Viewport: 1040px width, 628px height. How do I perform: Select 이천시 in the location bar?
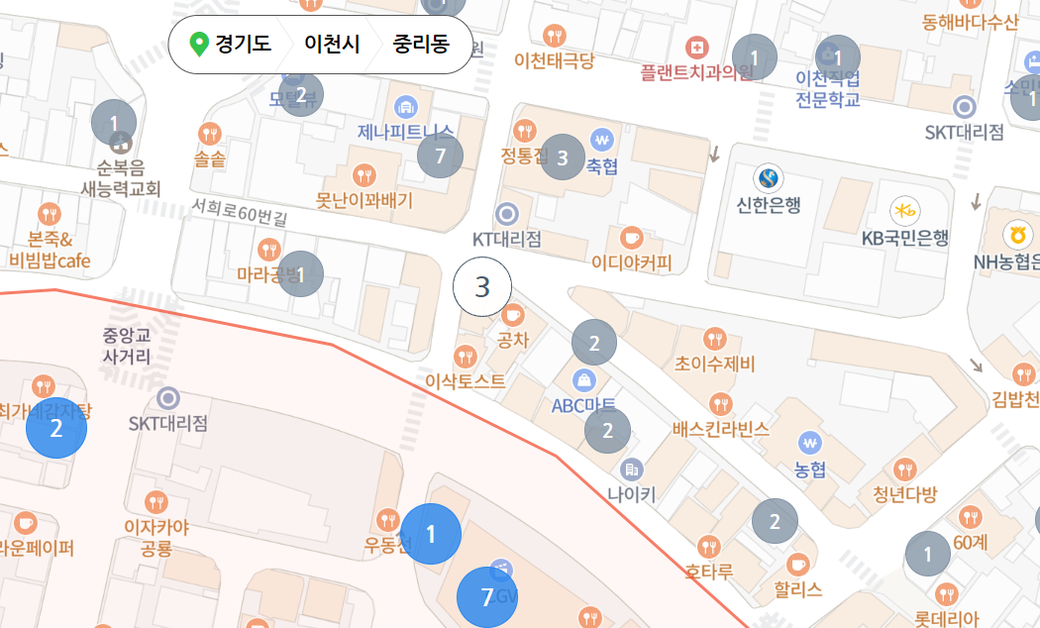click(x=332, y=45)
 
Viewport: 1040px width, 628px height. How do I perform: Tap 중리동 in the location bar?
click(x=421, y=45)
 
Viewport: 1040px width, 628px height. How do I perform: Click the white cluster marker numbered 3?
click(x=482, y=287)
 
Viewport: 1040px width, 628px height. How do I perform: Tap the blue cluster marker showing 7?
click(x=486, y=597)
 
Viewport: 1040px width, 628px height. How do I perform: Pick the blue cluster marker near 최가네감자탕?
click(x=55, y=429)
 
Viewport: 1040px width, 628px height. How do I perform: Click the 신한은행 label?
click(x=769, y=205)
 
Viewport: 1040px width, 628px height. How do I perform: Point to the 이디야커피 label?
click(x=631, y=263)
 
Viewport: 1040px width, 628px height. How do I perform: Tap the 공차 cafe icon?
click(x=512, y=315)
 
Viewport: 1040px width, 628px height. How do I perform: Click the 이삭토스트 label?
click(x=465, y=380)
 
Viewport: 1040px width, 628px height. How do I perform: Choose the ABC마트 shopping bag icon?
click(x=584, y=379)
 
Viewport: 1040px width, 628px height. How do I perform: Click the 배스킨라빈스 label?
click(x=720, y=429)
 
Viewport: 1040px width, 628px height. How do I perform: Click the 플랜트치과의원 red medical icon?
click(x=697, y=48)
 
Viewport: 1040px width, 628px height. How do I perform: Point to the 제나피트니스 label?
click(x=405, y=132)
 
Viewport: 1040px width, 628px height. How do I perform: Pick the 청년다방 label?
click(x=904, y=494)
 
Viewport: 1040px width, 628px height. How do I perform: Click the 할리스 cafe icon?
click(x=798, y=565)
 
